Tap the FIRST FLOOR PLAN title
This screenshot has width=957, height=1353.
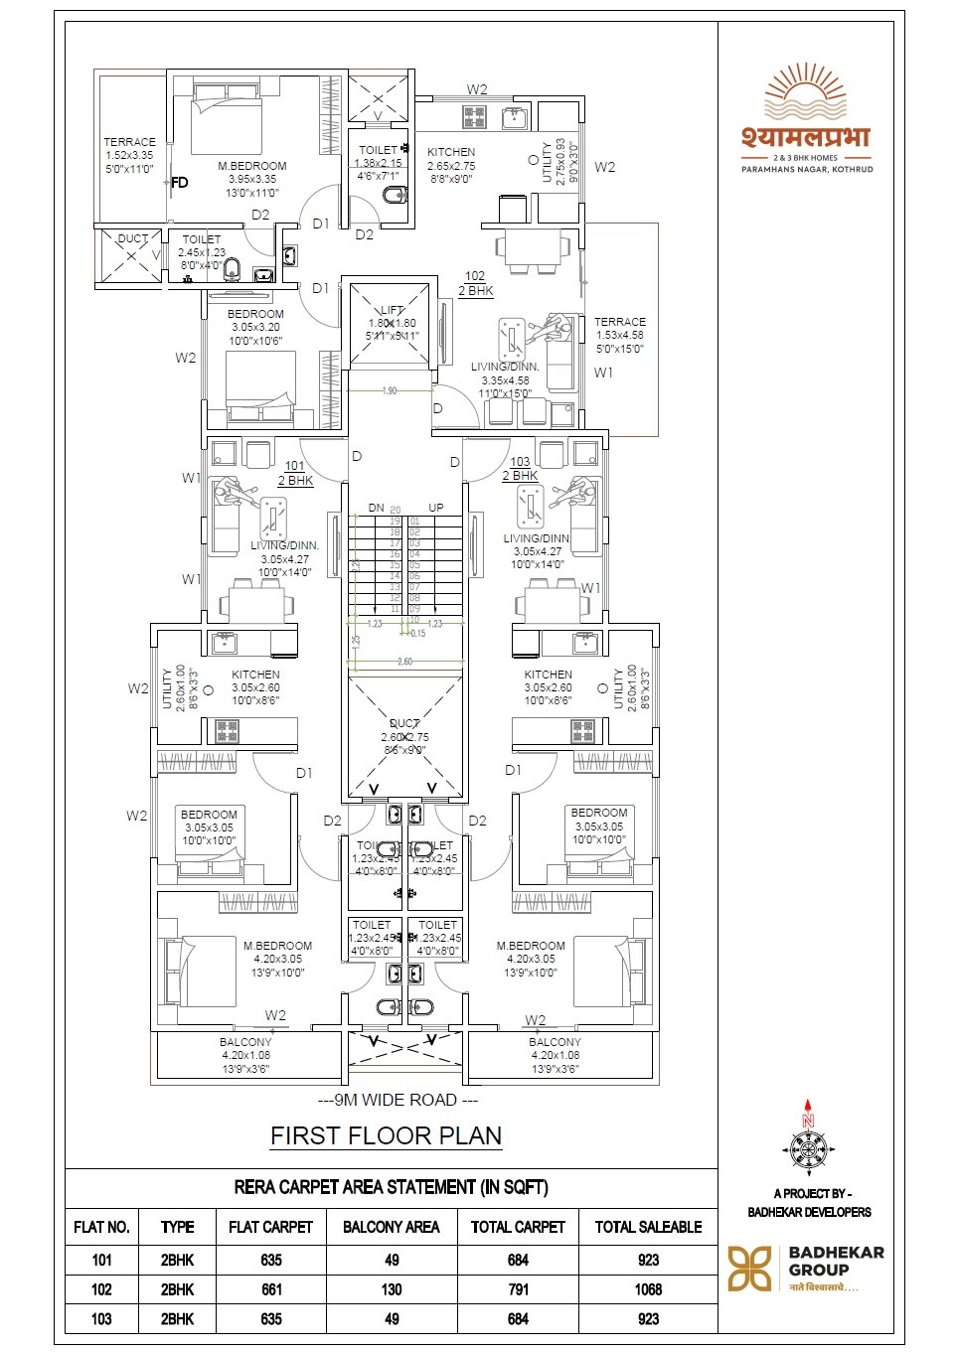[386, 1135]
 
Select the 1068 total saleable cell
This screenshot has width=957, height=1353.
[648, 1289]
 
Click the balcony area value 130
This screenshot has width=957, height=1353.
[392, 1289]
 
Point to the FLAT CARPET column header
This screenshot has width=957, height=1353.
[270, 1227]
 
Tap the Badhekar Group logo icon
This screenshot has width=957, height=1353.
[750, 1269]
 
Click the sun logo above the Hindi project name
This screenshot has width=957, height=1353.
[806, 92]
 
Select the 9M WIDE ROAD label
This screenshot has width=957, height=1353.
[398, 1100]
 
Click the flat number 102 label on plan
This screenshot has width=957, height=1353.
[475, 276]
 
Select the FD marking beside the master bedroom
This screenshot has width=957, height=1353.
[180, 183]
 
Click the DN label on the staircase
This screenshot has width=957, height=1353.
[376, 508]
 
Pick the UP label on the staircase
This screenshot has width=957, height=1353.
[436, 508]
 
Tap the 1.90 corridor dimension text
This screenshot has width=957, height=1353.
[390, 390]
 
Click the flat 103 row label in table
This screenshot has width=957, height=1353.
[101, 1319]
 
